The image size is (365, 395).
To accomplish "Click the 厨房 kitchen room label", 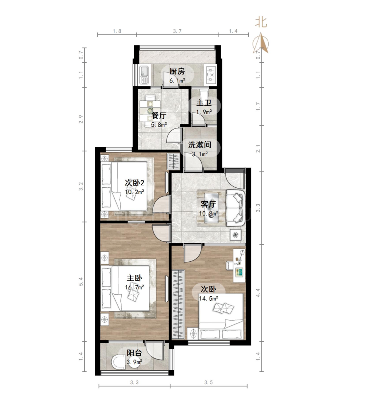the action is coord(177,71).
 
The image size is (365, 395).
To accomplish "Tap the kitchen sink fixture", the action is coord(144,75).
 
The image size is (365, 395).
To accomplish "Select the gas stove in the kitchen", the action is coord(211,75).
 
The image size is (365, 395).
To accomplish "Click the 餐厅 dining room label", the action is coord(159,116).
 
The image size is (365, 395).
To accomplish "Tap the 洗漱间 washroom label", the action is coord(200,145).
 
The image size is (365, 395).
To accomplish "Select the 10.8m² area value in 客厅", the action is coord(209,214).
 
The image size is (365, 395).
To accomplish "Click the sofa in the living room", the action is coord(236,208).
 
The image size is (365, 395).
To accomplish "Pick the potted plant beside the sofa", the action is coord(236,235).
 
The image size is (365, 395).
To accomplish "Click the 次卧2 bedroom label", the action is coord(135,182).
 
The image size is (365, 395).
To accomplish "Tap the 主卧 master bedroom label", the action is coord(134,278).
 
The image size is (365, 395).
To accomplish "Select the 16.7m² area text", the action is coord(135,287).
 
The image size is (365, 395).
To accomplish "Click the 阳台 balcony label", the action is coord(134,353).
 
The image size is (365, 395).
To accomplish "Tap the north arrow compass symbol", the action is coord(262,43).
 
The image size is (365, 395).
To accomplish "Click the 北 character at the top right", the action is coord(261,22).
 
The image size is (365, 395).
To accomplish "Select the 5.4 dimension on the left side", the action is coord(81,281).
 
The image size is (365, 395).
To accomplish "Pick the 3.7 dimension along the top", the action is coord(177,31).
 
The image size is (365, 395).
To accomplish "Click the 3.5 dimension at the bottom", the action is coord(208,382).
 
